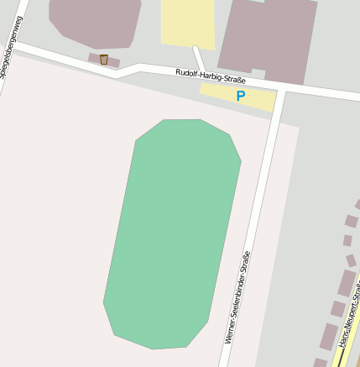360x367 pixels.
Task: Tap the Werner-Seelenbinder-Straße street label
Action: pos(237,298)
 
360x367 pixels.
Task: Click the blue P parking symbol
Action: pos(241,97)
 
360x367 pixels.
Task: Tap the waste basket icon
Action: pos(104,59)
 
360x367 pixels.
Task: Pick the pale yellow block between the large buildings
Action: pos(188,23)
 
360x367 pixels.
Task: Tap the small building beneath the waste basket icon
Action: pos(104,60)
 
